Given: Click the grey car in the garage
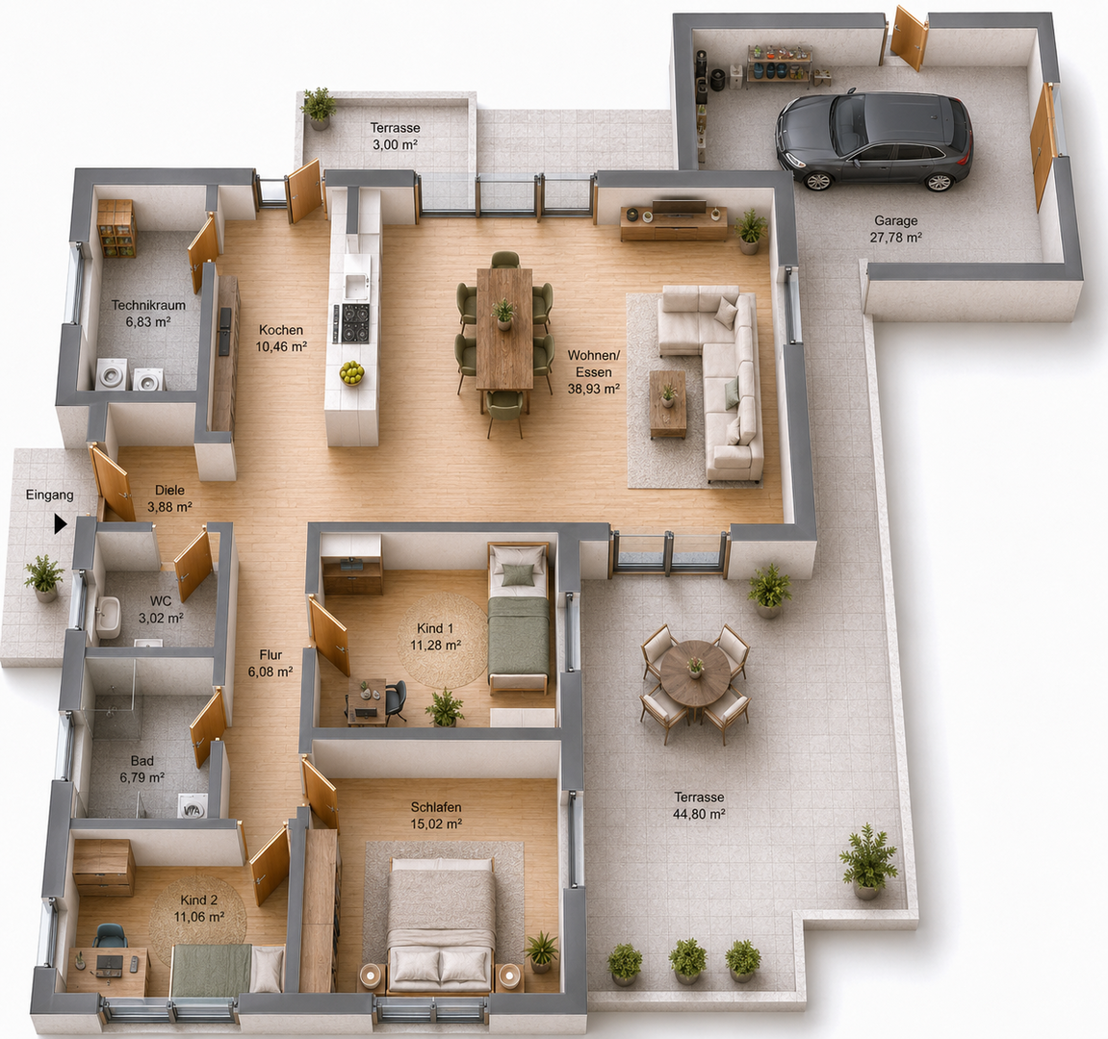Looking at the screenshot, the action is point(873,139).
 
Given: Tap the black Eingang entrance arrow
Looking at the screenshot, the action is point(60,524).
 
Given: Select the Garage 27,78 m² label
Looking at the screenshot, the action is point(895,229).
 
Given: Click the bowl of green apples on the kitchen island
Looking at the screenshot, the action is point(351,372).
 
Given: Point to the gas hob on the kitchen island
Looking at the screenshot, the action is point(355,323).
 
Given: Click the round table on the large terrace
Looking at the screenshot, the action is point(695,671).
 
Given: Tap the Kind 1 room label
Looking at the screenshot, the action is point(435,628).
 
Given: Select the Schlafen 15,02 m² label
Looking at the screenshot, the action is point(436,815).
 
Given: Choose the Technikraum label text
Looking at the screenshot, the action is point(148,305).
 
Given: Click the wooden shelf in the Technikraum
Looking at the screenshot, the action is point(116,228).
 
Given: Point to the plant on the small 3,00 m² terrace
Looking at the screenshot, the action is point(319,108).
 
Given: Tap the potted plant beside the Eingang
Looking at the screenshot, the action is point(44,578).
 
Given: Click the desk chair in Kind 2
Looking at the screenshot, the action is point(111,937).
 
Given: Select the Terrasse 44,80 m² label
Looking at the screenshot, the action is point(699,805).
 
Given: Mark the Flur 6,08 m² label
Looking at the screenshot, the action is point(271,663).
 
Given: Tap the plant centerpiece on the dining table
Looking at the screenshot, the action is point(503,314).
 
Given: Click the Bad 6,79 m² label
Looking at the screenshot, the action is point(142,770).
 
